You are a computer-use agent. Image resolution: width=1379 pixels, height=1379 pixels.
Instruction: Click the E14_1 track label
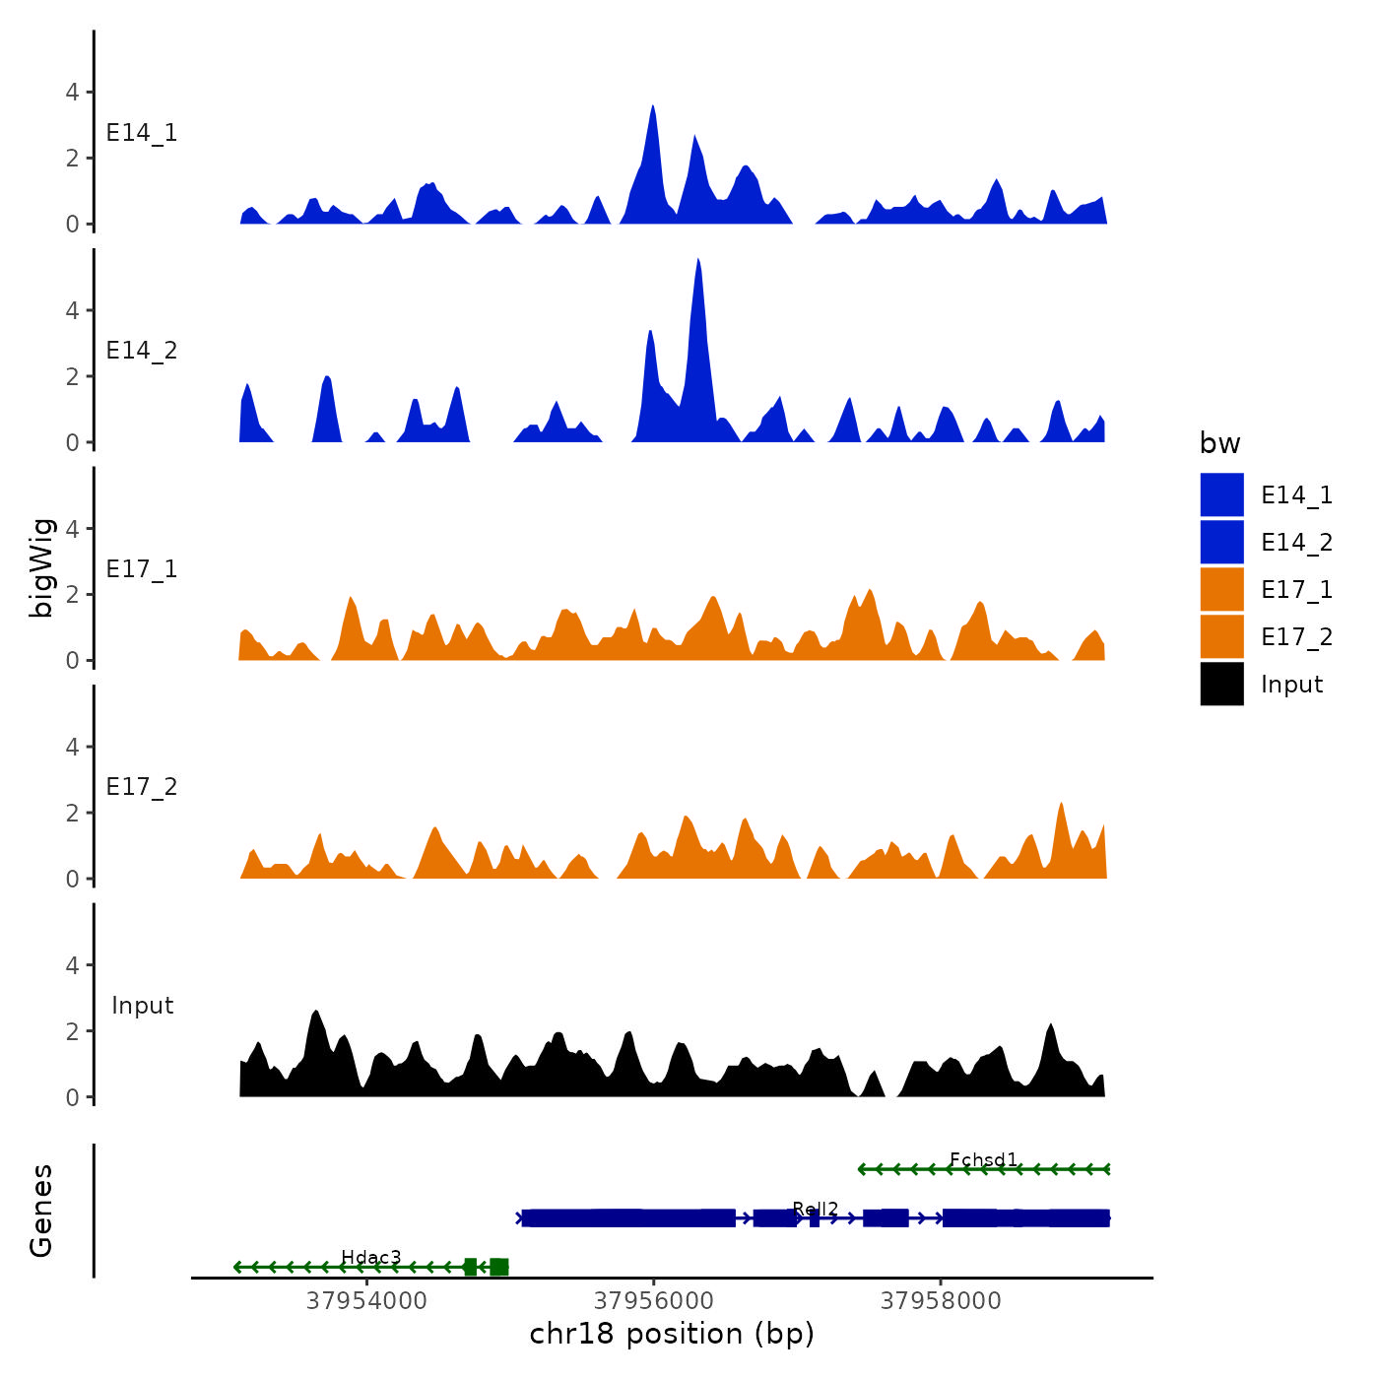click(x=142, y=133)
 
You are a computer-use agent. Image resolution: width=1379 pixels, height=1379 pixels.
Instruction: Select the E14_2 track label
click(x=142, y=351)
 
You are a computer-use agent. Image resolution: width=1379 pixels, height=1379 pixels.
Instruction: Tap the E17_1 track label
click(x=142, y=569)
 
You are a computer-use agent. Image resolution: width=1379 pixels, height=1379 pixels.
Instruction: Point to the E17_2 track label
click(x=142, y=787)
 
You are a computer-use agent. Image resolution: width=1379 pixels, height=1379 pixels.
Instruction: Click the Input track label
click(x=142, y=1006)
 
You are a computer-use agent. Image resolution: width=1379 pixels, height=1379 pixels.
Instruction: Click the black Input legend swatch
click(x=1221, y=685)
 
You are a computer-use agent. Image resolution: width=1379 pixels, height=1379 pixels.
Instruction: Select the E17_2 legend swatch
click(x=1221, y=637)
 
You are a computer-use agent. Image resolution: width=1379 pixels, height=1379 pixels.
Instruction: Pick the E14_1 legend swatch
click(x=1221, y=495)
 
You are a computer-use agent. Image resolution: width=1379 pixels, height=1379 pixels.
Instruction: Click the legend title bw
click(x=1219, y=444)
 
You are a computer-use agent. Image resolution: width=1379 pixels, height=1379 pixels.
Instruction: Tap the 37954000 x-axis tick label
click(x=366, y=1301)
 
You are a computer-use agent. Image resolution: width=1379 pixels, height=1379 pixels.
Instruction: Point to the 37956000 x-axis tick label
click(x=653, y=1301)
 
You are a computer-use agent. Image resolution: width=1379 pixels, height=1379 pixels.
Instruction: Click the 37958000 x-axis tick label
click(x=940, y=1301)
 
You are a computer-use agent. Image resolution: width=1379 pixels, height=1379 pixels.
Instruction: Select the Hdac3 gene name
click(x=370, y=1258)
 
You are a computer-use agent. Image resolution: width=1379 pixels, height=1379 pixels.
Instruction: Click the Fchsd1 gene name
click(x=983, y=1160)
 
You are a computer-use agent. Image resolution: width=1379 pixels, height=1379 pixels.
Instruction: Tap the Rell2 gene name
click(x=815, y=1210)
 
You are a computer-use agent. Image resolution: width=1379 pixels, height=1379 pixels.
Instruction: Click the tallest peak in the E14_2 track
click(x=697, y=262)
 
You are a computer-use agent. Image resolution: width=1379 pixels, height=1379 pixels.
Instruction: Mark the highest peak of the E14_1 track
click(x=653, y=107)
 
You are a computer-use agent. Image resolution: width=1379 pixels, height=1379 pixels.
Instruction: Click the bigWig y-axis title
click(x=41, y=568)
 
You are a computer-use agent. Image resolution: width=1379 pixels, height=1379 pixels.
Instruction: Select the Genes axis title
click(x=41, y=1211)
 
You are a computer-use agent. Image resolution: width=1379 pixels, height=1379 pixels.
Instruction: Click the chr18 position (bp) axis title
click(x=672, y=1334)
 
